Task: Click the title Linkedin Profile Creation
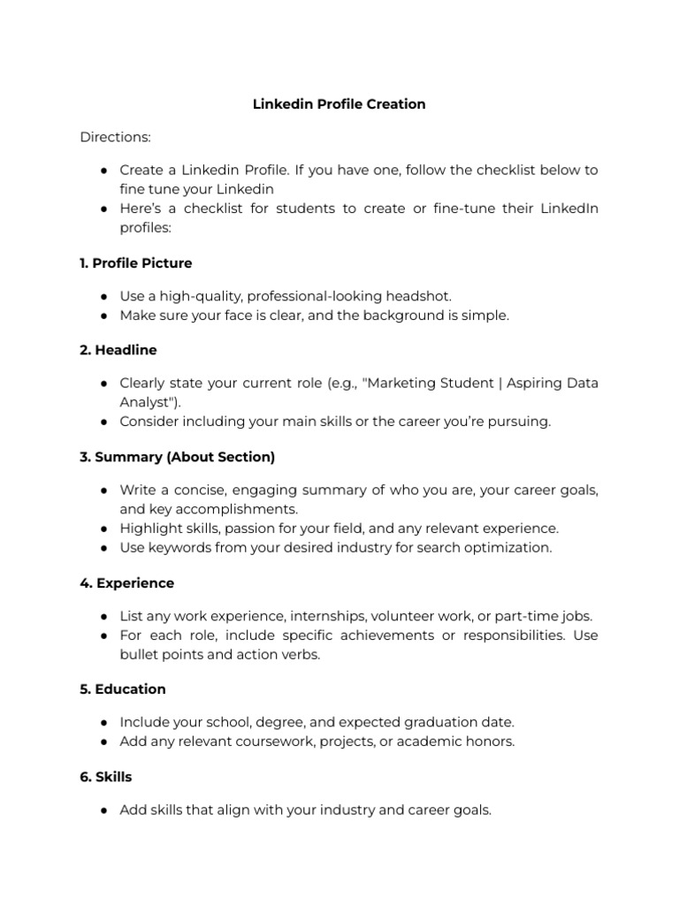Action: (x=339, y=104)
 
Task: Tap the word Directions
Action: (x=115, y=137)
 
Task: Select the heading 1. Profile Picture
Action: (x=135, y=263)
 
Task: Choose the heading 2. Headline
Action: (x=118, y=350)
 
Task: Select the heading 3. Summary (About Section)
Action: (x=177, y=457)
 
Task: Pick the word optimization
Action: (x=507, y=547)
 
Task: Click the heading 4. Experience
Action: (x=126, y=583)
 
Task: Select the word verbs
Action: (x=301, y=655)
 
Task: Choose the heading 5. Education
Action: (x=122, y=688)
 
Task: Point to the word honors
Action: (x=491, y=741)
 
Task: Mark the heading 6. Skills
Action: (x=105, y=777)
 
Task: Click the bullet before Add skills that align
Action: (x=104, y=810)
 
